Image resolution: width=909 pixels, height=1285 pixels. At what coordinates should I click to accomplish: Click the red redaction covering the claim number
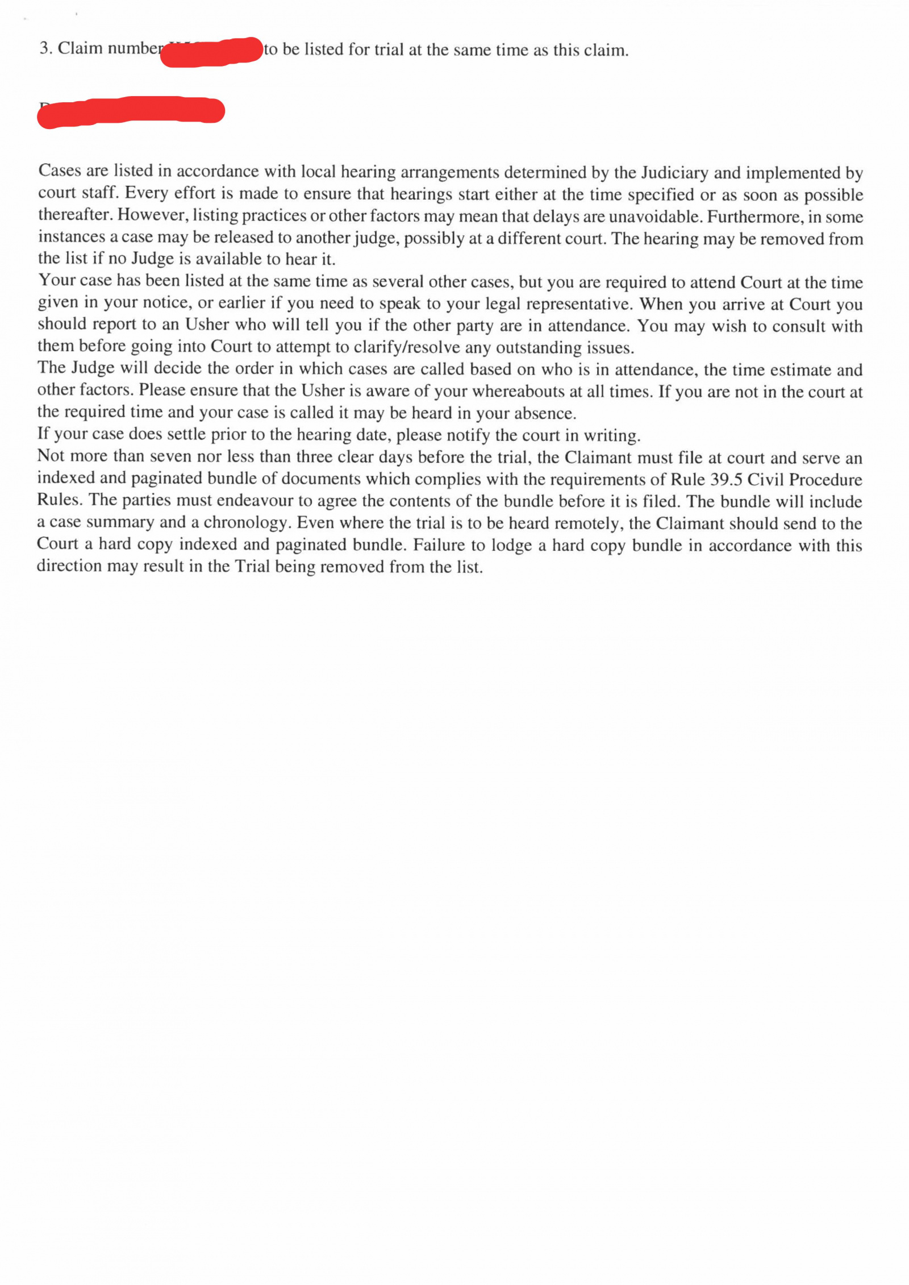click(211, 52)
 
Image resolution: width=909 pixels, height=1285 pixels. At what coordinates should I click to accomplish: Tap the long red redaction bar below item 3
click(131, 111)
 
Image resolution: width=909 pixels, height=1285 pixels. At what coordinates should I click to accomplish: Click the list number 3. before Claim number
click(46, 48)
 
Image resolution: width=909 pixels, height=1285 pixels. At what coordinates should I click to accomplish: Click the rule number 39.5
click(726, 480)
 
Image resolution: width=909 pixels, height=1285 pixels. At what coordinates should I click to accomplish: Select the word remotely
click(591, 523)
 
